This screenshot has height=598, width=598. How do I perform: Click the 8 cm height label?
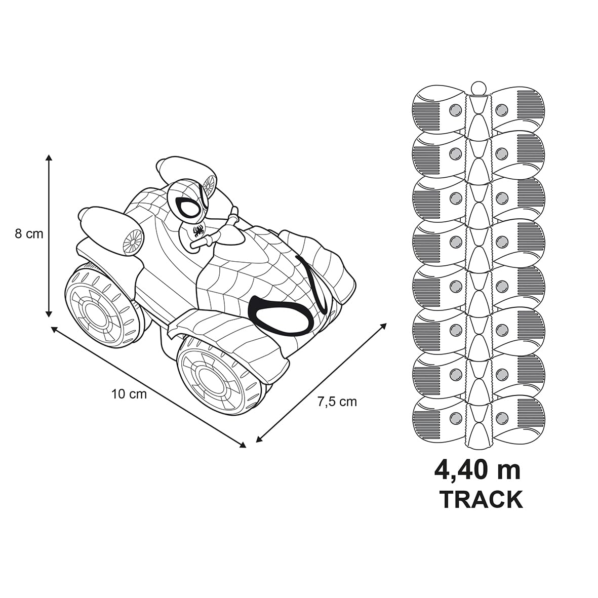[29, 233]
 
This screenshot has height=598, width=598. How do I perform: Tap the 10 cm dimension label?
[129, 394]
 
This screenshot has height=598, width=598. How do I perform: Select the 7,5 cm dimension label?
[337, 402]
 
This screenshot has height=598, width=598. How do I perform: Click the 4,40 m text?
[477, 471]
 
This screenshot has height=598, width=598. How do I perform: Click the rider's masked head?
[188, 203]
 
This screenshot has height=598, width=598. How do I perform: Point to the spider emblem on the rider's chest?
[198, 231]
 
